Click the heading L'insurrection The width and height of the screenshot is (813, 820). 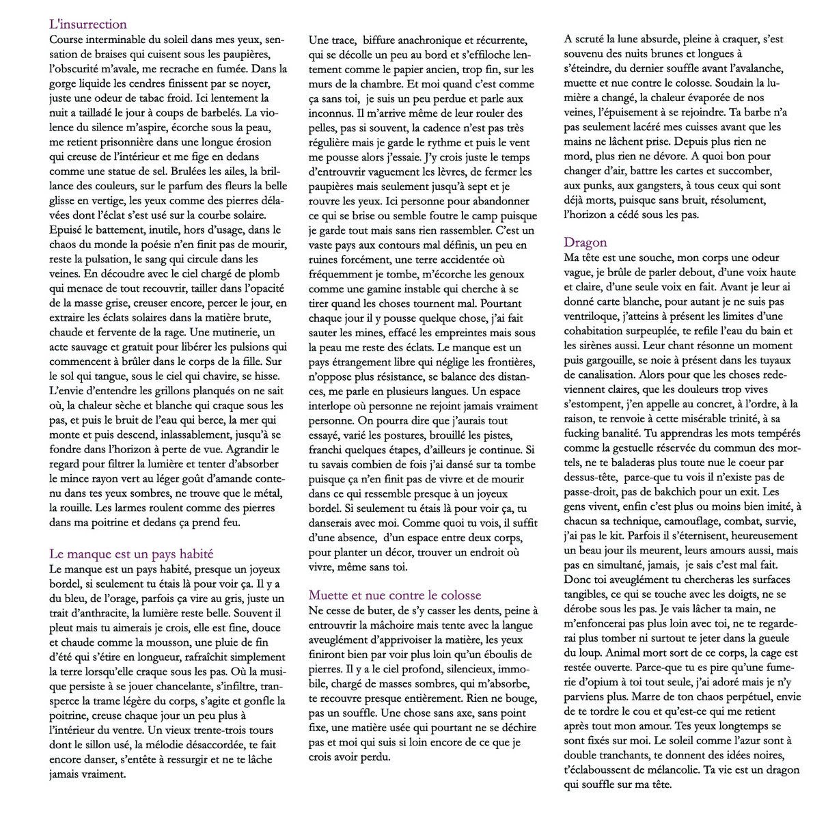(88, 25)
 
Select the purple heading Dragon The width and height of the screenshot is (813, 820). (585, 242)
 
